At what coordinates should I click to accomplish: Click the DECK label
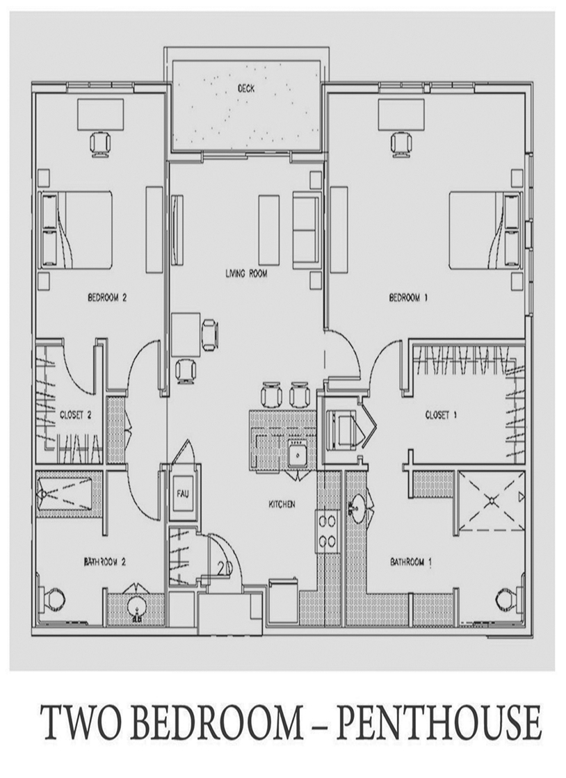coord(246,89)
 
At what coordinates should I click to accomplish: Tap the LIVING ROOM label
coord(246,273)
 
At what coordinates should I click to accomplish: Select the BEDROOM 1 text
coord(408,298)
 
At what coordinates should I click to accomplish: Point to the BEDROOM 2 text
coord(108,298)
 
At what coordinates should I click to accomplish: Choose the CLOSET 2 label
coord(75,415)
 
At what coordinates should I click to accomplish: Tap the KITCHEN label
coord(282,504)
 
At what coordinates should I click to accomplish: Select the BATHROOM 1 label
coord(411,562)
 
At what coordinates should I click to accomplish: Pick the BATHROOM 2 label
coord(104,562)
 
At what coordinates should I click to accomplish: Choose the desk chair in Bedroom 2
coord(99,144)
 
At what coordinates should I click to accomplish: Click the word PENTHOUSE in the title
coord(439,723)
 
